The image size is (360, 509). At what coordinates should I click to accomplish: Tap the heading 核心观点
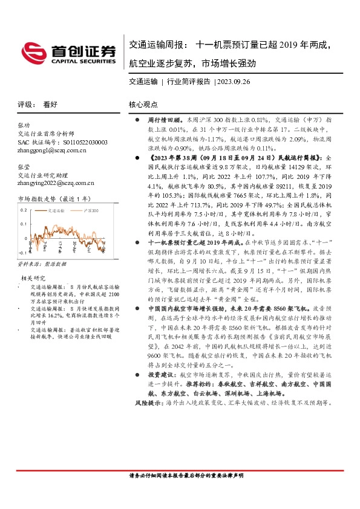point(143,104)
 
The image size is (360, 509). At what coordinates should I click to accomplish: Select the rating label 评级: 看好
point(38,104)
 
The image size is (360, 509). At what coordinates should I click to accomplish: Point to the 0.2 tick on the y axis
point(24,210)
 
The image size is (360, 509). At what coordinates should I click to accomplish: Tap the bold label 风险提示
point(144,402)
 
